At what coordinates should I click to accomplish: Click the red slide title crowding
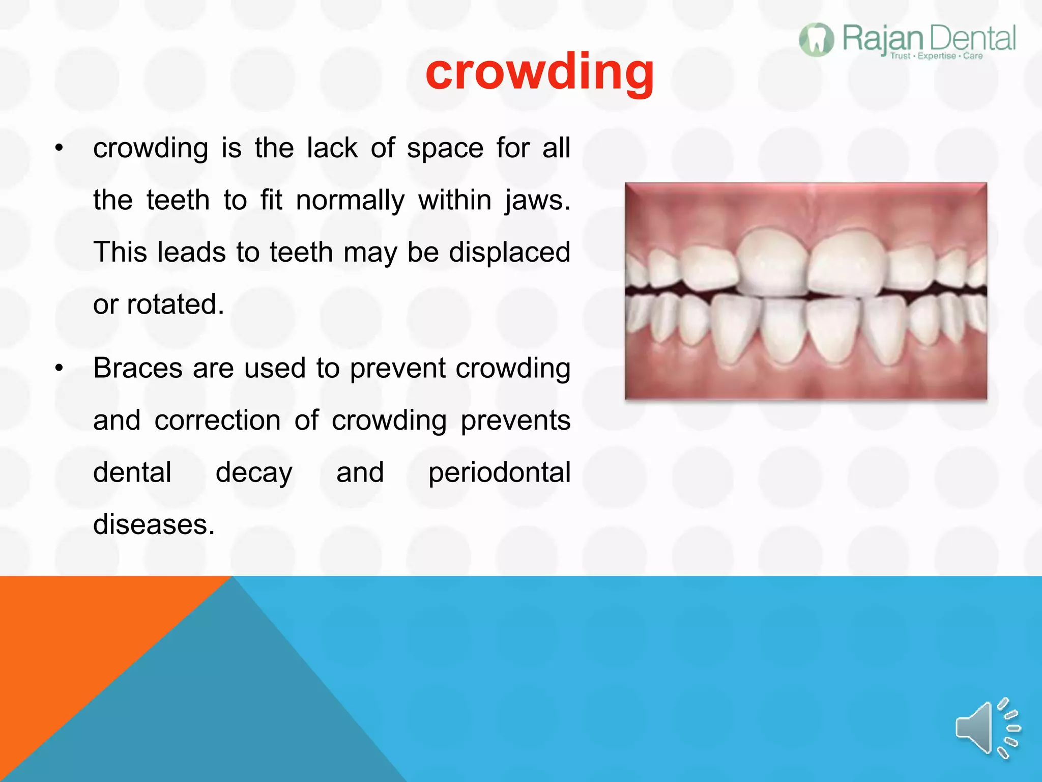click(x=539, y=72)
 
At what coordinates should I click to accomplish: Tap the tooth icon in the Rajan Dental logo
click(x=816, y=40)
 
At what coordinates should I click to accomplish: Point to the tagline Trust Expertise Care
click(x=936, y=56)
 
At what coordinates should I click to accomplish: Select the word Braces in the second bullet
click(x=138, y=368)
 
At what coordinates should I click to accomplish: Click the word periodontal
click(x=499, y=473)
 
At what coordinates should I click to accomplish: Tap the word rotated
click(x=175, y=304)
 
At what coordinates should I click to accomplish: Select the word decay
click(x=254, y=473)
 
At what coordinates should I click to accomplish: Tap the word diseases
click(x=154, y=524)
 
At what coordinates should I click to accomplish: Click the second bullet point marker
click(x=60, y=369)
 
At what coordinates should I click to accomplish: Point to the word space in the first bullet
click(x=445, y=149)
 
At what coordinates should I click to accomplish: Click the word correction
click(x=218, y=421)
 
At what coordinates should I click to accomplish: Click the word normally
click(x=350, y=200)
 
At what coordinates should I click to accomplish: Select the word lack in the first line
click(x=332, y=148)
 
